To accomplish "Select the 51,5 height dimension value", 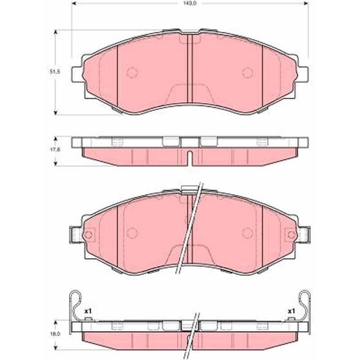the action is click(55, 72).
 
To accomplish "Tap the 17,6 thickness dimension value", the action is click(55, 149).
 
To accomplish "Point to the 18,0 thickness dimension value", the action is click(55, 334).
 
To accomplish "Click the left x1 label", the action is click(88, 311).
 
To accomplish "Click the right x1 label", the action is click(291, 311).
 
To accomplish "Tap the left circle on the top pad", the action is click(132, 72).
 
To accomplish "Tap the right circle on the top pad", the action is click(248, 72).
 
